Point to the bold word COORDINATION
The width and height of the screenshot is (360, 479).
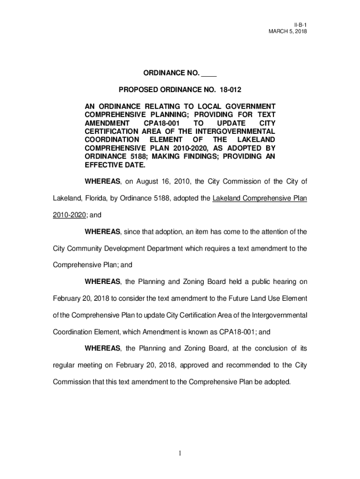click(x=111, y=140)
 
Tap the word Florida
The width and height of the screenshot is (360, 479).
click(x=94, y=198)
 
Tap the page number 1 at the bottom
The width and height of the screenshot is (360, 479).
click(x=180, y=453)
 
